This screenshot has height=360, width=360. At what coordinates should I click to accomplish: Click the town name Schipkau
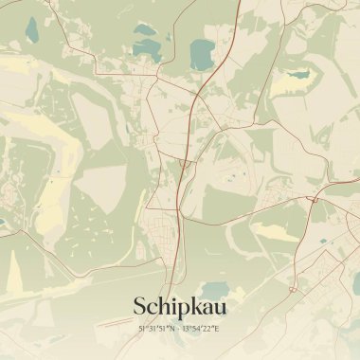[180, 306]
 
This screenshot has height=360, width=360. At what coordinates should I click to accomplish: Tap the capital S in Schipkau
[140, 307]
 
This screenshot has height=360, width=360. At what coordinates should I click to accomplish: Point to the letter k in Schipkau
[192, 306]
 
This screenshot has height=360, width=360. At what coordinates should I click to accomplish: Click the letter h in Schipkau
[162, 306]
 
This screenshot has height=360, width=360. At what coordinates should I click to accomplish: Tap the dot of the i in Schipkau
[170, 298]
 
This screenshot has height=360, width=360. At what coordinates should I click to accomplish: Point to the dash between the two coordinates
[176, 329]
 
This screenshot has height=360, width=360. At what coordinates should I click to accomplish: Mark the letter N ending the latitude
[169, 329]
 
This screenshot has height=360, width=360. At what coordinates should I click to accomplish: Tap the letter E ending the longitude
[217, 329]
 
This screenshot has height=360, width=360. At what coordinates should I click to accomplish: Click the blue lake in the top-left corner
[30, 29]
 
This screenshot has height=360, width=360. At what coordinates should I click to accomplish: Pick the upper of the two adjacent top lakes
[147, 29]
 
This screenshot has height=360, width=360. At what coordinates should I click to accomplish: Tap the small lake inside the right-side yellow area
[299, 73]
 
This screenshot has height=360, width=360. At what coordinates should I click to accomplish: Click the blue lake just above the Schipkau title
[215, 290]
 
